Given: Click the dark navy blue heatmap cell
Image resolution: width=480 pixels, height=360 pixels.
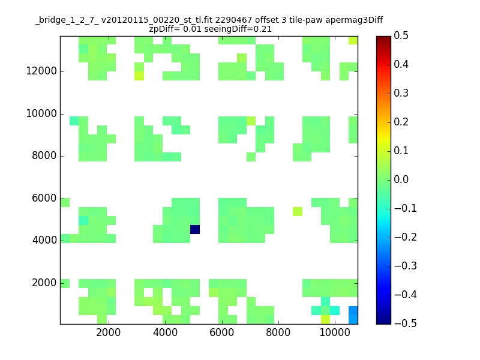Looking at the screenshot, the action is (x=195, y=229).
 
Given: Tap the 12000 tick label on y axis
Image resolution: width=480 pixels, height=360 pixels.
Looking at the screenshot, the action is (x=41, y=71).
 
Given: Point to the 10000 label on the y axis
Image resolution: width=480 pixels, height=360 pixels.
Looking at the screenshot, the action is (x=41, y=113).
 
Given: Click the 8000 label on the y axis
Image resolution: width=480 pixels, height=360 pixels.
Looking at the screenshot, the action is (x=44, y=155).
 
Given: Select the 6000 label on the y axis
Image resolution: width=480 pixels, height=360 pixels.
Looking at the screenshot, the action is (x=44, y=198).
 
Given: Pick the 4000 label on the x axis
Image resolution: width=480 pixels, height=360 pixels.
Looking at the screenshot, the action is (x=165, y=332).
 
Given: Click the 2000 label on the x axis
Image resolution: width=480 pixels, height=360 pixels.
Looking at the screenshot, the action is (x=109, y=332).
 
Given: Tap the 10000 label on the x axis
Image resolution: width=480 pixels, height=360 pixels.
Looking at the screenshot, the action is (x=335, y=332).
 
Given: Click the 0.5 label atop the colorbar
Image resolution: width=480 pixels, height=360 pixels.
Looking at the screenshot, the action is (x=401, y=35).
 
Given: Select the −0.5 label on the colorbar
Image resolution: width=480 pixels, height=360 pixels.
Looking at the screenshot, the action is (x=406, y=323).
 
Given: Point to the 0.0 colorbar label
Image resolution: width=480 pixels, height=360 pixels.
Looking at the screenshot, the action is (x=401, y=179).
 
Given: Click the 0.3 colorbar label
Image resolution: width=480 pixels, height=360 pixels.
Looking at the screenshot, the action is (x=401, y=93).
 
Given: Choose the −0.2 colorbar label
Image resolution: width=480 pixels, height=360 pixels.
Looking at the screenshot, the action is (x=406, y=237).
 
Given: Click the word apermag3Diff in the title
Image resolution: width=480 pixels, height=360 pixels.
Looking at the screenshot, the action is (x=354, y=20).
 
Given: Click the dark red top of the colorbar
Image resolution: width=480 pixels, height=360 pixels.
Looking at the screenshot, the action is (x=383, y=38).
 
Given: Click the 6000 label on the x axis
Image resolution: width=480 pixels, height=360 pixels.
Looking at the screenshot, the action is (x=221, y=332).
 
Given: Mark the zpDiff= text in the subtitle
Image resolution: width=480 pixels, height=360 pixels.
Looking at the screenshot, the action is (x=164, y=29).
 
